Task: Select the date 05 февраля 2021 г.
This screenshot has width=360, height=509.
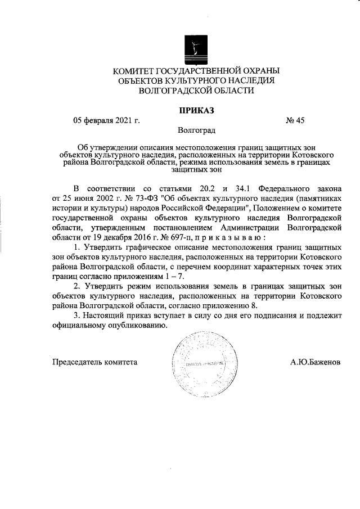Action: click(107, 120)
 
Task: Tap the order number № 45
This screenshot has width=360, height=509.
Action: click(295, 120)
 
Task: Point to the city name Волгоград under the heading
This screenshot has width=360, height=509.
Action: click(196, 130)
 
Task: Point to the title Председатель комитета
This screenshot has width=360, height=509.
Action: click(95, 362)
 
